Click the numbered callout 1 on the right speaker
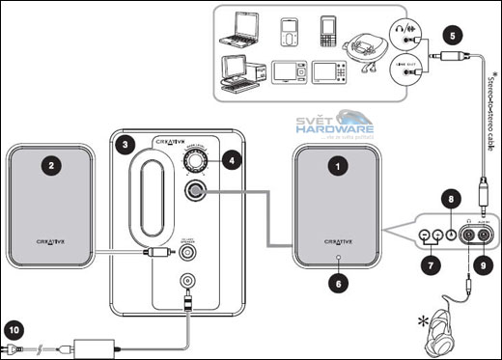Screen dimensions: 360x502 [337, 166]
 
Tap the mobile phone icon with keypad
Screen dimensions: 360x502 [327, 32]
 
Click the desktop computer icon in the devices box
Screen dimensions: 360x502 [239, 73]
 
